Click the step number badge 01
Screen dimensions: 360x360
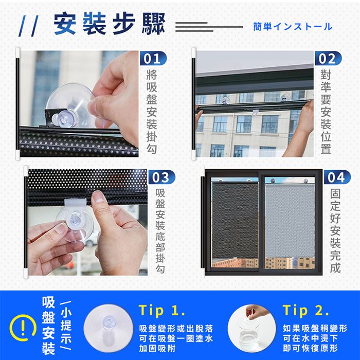pos(153,58)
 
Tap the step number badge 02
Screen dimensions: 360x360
pos(328,58)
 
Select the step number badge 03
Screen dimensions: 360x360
pos(162,177)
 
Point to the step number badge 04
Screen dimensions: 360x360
pos(337,177)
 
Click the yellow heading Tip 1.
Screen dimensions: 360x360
pos(162,311)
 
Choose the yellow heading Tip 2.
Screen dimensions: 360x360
pos(306,311)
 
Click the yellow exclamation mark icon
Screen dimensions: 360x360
pos(23,328)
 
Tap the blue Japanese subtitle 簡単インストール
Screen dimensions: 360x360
pos(293,27)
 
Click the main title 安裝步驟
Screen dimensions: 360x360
pos(109,24)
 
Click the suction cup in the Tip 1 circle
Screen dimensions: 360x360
pos(108,328)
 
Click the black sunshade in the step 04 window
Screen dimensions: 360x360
pos(235,220)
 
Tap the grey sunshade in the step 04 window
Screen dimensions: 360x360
pos(290,220)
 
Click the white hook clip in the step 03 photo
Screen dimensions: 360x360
pos(75,203)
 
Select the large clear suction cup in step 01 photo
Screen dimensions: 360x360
pos(71,105)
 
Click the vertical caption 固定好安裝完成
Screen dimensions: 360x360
pos(335,231)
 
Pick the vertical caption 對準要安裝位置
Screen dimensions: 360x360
pos(326,112)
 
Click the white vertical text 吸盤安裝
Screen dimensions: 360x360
pos(48,326)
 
